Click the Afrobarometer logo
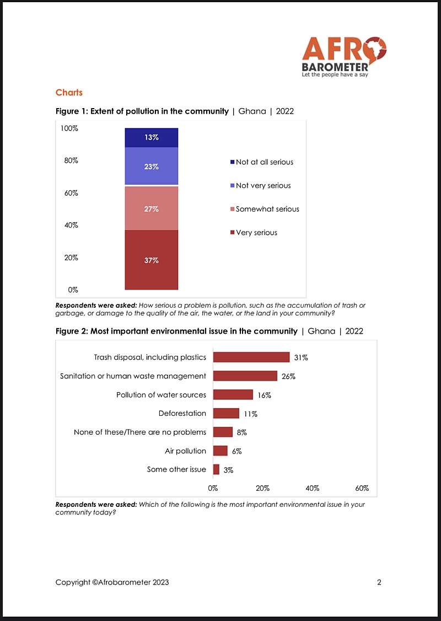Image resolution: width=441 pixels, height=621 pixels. [344, 57]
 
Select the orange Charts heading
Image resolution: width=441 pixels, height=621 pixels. [69, 93]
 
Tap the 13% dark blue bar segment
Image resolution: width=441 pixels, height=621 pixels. [151, 137]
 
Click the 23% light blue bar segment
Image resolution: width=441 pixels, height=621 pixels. [151, 166]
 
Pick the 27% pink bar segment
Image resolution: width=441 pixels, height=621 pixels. [151, 208]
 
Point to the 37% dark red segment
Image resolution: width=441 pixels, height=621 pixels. [151, 260]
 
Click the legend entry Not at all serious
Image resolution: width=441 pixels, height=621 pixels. [262, 162]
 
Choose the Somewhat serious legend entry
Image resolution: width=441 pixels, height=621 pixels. [265, 209]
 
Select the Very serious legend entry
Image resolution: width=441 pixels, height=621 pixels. [254, 233]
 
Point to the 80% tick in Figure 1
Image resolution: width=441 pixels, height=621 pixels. [72, 161]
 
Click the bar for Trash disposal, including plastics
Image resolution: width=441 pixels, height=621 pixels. [251, 357]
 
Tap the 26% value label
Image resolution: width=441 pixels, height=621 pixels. [289, 376]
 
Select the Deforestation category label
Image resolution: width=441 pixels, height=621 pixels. [182, 414]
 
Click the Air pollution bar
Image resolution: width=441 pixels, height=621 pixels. [220, 451]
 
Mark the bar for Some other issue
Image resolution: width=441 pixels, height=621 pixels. [216, 469]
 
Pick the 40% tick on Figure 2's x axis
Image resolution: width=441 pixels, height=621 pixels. [313, 488]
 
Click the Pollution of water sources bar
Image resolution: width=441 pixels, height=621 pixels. [233, 394]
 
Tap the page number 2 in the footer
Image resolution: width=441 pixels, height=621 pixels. [379, 582]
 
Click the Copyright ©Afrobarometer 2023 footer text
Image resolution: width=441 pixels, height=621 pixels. [112, 582]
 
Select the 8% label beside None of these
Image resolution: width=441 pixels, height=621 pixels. [242, 432]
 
